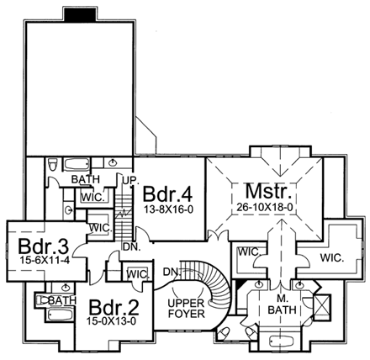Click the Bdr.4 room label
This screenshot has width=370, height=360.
(x=167, y=194)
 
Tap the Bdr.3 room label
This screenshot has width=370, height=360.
(x=44, y=246)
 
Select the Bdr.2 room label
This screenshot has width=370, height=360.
(x=114, y=308)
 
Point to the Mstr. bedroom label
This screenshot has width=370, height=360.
(x=267, y=191)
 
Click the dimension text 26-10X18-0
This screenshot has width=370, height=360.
(x=265, y=207)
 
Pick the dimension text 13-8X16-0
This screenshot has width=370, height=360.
(x=169, y=209)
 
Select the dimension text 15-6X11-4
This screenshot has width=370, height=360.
(x=45, y=260)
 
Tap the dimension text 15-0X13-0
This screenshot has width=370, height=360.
(x=111, y=321)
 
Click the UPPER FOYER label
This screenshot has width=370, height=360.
(x=186, y=309)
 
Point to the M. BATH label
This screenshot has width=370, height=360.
(x=282, y=304)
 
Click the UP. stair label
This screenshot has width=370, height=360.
(x=131, y=180)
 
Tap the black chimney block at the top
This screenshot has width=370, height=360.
(x=81, y=14)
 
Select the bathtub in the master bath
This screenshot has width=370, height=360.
(x=281, y=341)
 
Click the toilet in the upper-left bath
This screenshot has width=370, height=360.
(x=52, y=164)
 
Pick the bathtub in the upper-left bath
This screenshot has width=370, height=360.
(x=77, y=164)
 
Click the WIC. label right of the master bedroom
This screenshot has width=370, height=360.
(x=332, y=257)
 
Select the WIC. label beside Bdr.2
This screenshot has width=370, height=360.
(x=137, y=274)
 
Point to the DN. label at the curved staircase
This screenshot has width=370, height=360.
(x=172, y=272)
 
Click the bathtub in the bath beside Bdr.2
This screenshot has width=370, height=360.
(x=60, y=315)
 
